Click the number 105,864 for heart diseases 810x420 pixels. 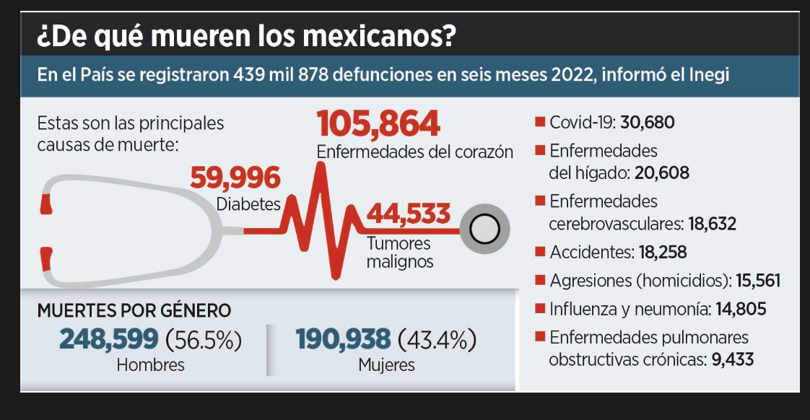378,125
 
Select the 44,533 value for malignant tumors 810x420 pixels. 409,214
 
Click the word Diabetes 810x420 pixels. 248,204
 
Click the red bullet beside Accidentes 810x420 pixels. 539,252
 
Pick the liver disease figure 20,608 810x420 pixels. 663,173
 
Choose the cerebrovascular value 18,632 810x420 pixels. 712,224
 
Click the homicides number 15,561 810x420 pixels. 758,281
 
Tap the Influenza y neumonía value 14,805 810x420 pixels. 741,310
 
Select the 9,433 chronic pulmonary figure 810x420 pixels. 732,359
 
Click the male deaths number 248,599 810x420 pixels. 108,338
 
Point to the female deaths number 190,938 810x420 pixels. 344,338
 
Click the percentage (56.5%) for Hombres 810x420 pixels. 204,339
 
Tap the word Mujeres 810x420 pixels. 386,365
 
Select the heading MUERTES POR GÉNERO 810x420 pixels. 134,310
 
